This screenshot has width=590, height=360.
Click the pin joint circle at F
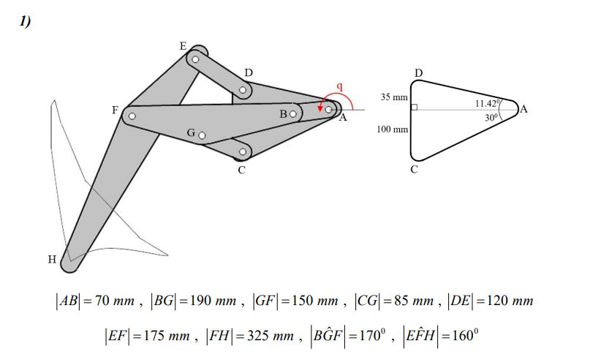coord(132,116)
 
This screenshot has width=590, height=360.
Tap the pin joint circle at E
coord(195,59)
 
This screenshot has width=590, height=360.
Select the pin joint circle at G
coord(202,135)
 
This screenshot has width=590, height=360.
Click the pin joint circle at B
coord(292,114)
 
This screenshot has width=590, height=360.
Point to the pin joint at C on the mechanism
coord(242,153)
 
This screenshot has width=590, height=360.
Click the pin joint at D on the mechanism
coord(243,91)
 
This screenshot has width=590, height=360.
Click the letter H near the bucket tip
coord(51,259)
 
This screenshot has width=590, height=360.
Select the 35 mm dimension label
coord(393,97)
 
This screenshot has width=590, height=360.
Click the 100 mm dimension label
coord(392,130)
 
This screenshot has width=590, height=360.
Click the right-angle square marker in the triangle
coord(414,108)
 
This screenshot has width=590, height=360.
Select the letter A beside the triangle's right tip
coord(523,110)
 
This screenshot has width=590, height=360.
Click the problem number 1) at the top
coord(25,21)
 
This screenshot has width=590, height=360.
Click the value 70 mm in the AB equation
coord(115,301)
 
